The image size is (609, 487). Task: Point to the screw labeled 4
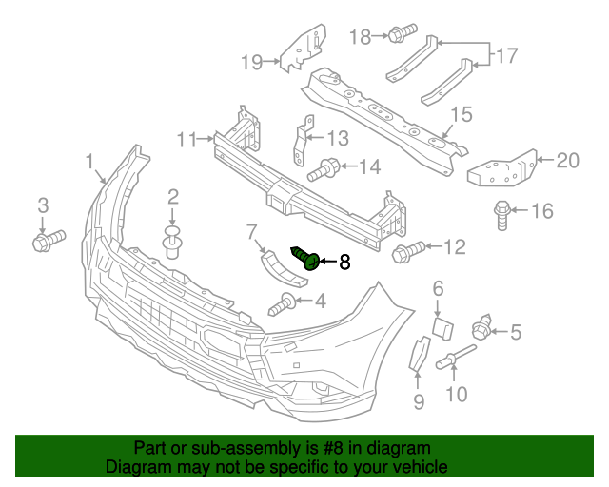coord(283,306)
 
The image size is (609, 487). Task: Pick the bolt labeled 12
coord(407,252)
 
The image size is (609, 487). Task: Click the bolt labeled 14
coord(324,170)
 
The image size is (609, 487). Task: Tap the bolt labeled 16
coord(501,214)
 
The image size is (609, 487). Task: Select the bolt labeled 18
coord(399,36)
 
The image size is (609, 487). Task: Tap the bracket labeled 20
coord(501,169)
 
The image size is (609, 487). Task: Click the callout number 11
coord(187,140)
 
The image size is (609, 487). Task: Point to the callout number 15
coord(462,115)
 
